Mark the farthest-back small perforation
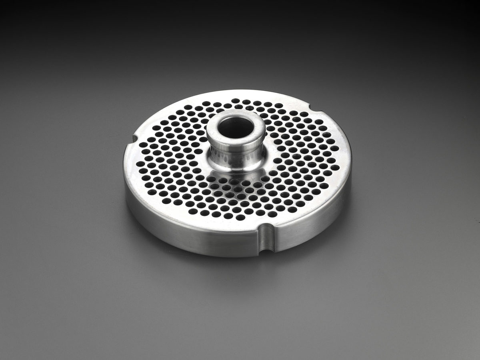(236, 100)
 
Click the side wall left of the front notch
(192, 236)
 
